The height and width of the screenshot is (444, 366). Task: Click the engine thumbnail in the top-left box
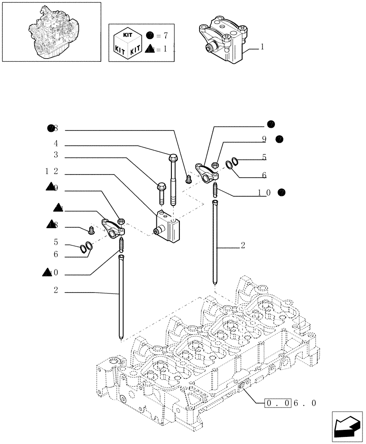pos(51,32)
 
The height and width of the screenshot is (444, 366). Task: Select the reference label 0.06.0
pos(290,403)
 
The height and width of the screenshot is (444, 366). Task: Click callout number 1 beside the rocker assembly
pos(263,47)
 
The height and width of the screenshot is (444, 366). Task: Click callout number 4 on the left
pos(56,144)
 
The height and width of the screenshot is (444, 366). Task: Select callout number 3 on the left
pos(56,155)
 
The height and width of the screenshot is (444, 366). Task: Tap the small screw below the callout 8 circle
pos(187,179)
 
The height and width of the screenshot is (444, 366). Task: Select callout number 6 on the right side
pos(264,175)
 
